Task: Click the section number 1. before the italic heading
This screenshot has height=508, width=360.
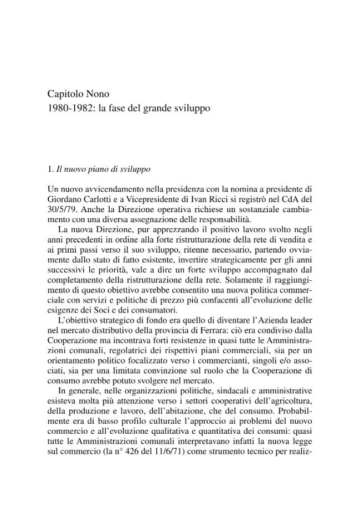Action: tap(51, 168)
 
